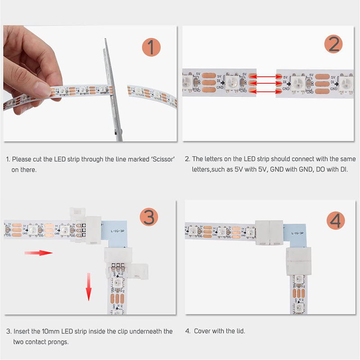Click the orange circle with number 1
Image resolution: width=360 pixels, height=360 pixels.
pyautogui.click(x=151, y=48)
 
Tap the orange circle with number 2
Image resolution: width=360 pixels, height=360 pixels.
pyautogui.click(x=333, y=45)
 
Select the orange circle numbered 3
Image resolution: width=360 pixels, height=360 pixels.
pyautogui.click(x=149, y=217)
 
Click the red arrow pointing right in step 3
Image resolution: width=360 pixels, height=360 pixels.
pyautogui.click(x=39, y=253)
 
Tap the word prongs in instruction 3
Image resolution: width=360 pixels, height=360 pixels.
pyautogui.click(x=58, y=342)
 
